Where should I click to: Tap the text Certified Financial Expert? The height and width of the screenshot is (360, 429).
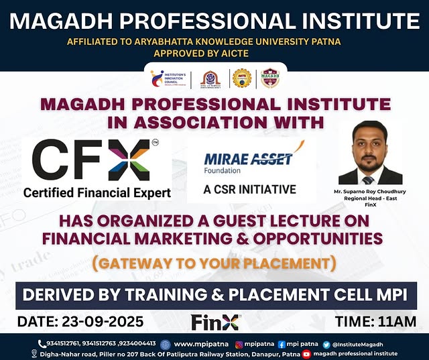click(x=97, y=193)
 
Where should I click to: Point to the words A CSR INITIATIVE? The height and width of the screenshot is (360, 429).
click(x=250, y=189)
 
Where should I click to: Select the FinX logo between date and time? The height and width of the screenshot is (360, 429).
click(x=216, y=322)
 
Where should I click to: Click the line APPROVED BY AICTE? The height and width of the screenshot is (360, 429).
click(x=214, y=54)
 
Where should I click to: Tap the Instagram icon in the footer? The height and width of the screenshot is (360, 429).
click(x=239, y=344)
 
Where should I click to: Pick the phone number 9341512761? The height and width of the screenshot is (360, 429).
click(x=61, y=344)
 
